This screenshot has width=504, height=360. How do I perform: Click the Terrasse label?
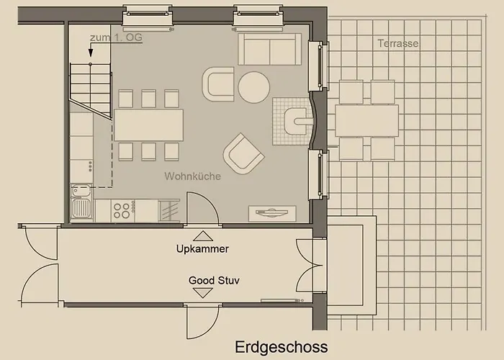(398, 43)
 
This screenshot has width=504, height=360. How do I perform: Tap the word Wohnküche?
(192, 176)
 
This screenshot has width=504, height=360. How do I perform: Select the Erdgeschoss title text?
(282, 347)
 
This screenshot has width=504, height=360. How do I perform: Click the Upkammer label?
(202, 249)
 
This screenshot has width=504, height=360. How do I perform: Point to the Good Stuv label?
(214, 280)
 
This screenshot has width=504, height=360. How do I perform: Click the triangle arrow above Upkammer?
(203, 236)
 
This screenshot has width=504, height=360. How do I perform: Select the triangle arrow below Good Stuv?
(203, 293)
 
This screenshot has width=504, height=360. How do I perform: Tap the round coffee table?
(254, 87)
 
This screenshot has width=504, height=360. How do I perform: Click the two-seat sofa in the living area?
(270, 49)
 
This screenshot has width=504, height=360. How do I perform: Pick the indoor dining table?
(148, 125)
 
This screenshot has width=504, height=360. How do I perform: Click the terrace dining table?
(366, 120)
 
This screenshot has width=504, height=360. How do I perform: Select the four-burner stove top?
(123, 210)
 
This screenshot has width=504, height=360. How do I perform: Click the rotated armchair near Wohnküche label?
(243, 153)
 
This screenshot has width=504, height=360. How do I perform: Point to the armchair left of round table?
(218, 84)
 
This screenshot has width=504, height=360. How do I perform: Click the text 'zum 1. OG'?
(116, 37)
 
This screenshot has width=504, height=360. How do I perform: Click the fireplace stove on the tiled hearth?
(297, 121)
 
